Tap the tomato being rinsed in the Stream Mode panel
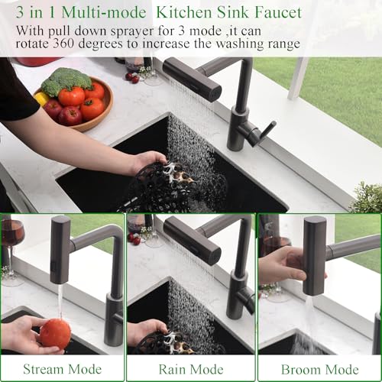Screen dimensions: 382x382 pyautogui.click(x=55, y=334)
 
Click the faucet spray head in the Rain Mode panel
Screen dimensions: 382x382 pyautogui.click(x=191, y=239)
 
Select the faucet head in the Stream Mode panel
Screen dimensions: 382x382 pyautogui.click(x=60, y=248)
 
